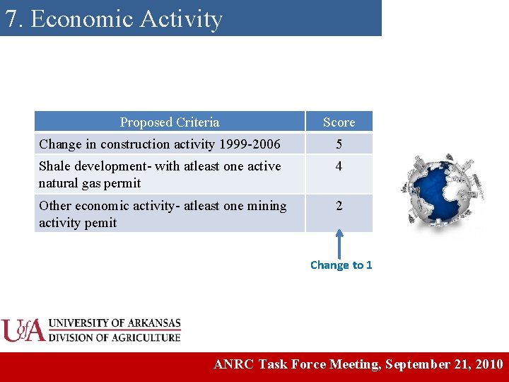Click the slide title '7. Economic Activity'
114,19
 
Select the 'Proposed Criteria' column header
170,122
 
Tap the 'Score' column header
339,122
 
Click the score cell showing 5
339,144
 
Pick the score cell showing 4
339,167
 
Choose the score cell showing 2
339,207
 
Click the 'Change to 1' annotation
341,265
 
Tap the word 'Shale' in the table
55,166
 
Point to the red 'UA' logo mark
23,330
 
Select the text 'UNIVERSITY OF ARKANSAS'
115,324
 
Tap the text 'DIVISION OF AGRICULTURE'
115,337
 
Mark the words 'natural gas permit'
90,183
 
